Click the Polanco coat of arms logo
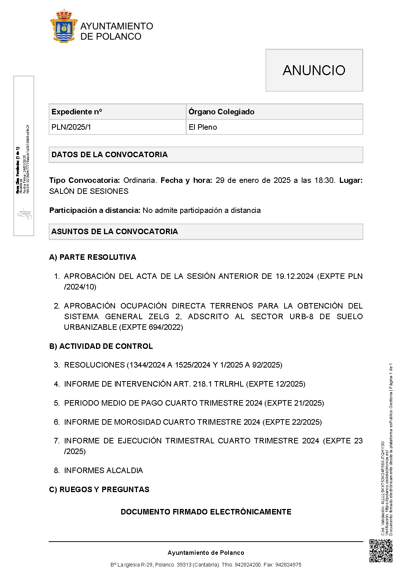coord(64,26)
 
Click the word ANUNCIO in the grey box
coord(314,70)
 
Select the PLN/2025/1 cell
coord(71,127)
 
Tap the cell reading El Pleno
coord(203,127)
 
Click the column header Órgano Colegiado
coord(221,112)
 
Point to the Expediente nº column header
coord(77,112)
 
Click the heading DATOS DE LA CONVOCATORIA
coord(110,155)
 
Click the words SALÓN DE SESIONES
coord(89,191)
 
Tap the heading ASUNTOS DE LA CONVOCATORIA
coord(115,232)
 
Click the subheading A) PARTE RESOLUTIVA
coord(93,257)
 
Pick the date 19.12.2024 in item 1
coord(294,276)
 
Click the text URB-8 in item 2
coord(301,317)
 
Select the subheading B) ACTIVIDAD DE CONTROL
coord(101,346)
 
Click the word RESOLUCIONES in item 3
coord(94,365)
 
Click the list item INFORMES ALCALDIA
coord(103,471)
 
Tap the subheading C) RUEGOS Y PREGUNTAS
coord(99,490)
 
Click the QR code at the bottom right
coord(381,551)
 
